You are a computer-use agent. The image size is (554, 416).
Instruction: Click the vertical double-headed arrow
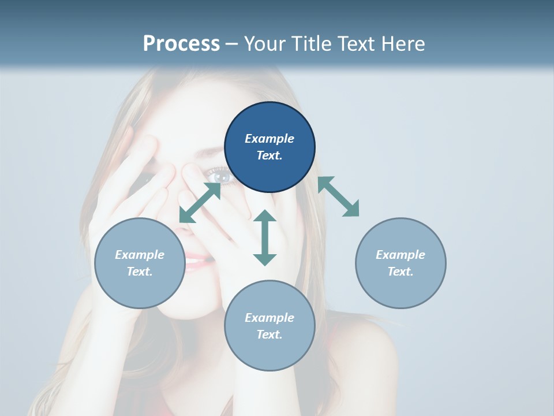click(265, 237)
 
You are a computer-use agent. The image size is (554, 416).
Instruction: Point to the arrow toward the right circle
click(338, 196)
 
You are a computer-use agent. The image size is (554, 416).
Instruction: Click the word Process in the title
click(181, 43)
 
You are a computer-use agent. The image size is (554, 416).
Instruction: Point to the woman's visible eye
click(220, 175)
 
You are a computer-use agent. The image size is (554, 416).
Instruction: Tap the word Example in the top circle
click(269, 139)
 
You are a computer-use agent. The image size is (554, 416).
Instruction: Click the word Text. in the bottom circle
click(269, 335)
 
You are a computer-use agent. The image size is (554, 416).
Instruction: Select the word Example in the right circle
click(400, 255)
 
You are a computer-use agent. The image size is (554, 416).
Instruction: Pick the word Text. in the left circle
click(139, 272)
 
